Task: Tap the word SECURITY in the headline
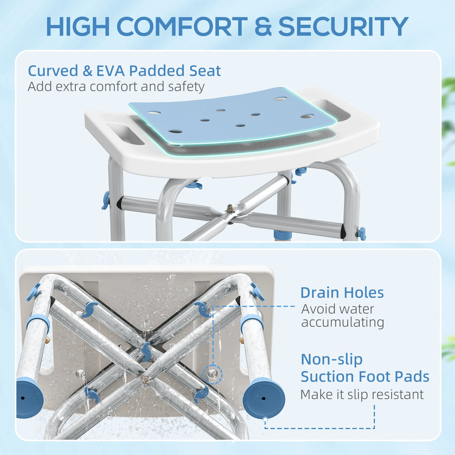tap(343, 26)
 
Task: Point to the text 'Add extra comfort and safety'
tap(116, 87)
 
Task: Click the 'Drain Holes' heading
tap(342, 293)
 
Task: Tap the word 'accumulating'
tap(343, 322)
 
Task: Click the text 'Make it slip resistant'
tap(362, 394)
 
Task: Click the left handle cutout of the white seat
tap(125, 133)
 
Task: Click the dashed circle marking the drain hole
tap(213, 374)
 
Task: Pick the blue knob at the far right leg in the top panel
tap(362, 234)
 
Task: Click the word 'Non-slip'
tap(332, 359)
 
